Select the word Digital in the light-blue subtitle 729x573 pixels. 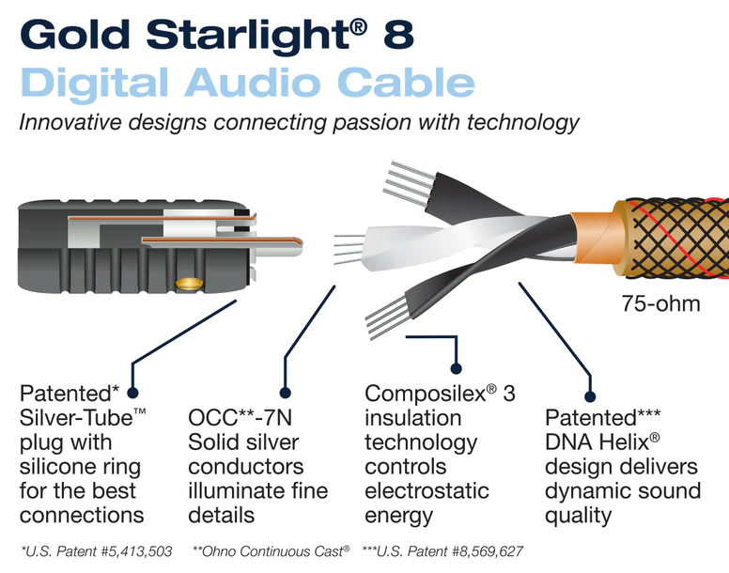pyautogui.click(x=97, y=83)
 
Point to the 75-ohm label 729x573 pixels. pyautogui.click(x=659, y=303)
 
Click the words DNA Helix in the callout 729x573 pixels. pyautogui.click(x=601, y=442)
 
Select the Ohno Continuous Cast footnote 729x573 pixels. pyautogui.click(x=271, y=550)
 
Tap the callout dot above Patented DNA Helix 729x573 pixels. pyautogui.click(x=591, y=395)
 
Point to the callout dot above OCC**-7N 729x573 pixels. pyautogui.click(x=285, y=394)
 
